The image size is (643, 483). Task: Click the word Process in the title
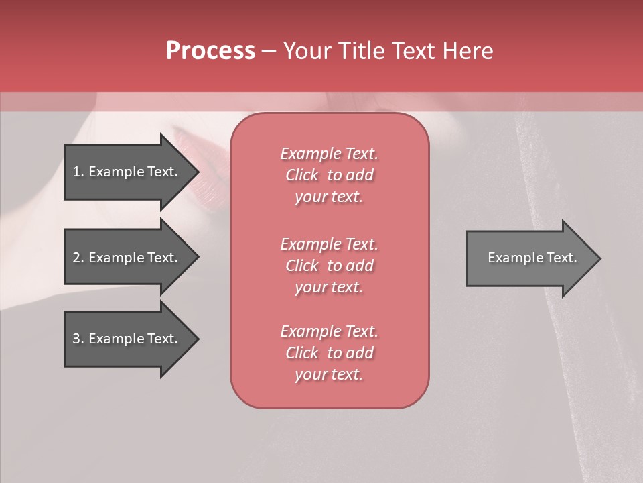pos(210,51)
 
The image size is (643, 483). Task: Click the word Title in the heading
pos(360,51)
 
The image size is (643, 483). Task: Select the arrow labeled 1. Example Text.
pos(127,172)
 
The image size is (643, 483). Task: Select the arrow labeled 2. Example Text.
pos(127,258)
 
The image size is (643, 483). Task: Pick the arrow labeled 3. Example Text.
pos(127,339)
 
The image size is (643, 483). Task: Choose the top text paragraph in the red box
pos(329,175)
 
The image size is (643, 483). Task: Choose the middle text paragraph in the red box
pos(329,266)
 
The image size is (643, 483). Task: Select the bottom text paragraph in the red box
pos(329,353)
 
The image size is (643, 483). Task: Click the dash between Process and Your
pos(269,52)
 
